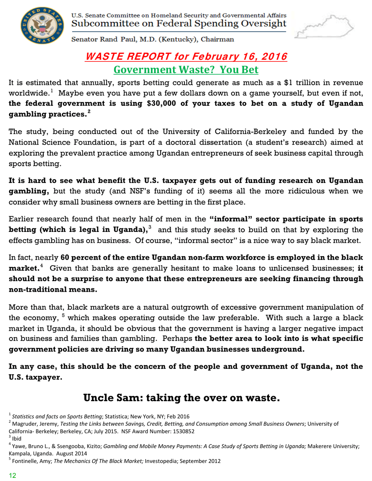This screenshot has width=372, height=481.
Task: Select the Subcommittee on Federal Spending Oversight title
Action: click(x=178, y=24)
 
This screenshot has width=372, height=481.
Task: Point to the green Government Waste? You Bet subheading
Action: click(x=186, y=70)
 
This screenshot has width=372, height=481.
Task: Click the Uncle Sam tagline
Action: click(x=182, y=398)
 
